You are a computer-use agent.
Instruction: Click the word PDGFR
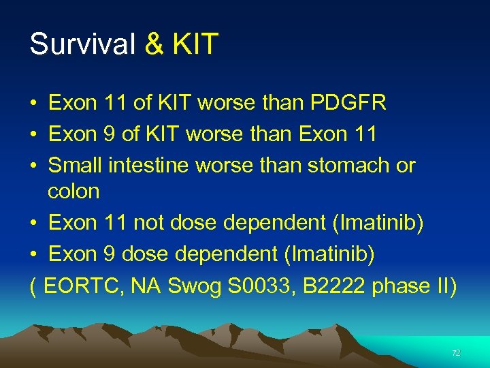click(348, 103)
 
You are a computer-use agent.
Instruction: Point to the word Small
click(76, 166)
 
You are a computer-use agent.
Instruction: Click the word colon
click(73, 191)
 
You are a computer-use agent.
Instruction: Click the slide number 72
click(456, 352)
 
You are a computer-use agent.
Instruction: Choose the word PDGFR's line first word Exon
click(73, 103)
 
